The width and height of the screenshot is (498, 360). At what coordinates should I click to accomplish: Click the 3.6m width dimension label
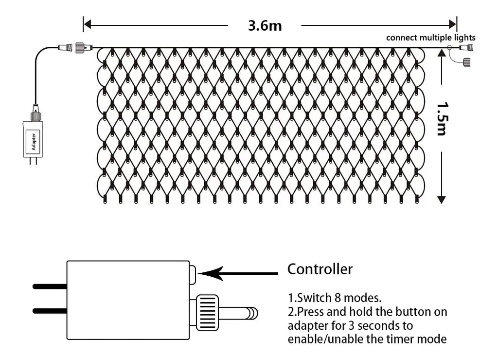(x=265, y=26)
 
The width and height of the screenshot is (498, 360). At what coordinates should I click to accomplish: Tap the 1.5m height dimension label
(x=442, y=118)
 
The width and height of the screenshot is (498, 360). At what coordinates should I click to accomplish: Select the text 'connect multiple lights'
(x=431, y=38)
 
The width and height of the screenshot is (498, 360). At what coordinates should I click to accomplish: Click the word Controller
(x=320, y=269)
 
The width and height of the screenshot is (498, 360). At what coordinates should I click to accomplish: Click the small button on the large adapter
(x=193, y=274)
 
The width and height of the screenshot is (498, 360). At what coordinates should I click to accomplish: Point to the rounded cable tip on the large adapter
(x=252, y=313)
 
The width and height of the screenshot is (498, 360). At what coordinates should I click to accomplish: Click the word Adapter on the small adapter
(x=33, y=139)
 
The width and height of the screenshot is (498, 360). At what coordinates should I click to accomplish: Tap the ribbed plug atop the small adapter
(x=35, y=116)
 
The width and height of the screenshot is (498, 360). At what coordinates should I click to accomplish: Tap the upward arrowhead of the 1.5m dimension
(x=442, y=53)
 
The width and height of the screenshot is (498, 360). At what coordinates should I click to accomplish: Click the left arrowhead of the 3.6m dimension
(x=88, y=24)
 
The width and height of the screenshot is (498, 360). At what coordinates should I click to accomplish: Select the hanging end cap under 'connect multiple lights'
(x=466, y=62)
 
